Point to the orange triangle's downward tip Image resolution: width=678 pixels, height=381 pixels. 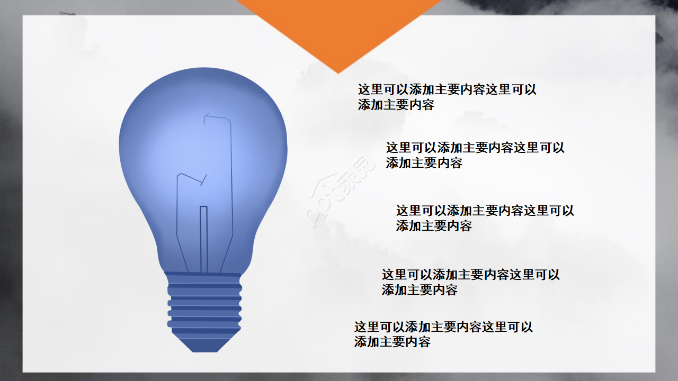point(338,71)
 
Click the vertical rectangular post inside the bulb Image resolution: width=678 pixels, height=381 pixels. point(203,238)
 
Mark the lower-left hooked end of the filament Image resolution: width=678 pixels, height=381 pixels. point(180,175)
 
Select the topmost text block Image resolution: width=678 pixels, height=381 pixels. point(447,97)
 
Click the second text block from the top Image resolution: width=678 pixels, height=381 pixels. point(475,155)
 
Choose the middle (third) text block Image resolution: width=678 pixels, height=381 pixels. point(485,218)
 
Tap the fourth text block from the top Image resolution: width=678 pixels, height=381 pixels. point(470,282)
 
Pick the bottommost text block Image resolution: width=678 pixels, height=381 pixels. point(443,334)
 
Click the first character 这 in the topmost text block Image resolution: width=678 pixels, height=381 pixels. point(364,89)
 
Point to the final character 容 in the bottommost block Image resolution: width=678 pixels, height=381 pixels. point(424,342)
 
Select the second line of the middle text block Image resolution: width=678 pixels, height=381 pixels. point(434,226)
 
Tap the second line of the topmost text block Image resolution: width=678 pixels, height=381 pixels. point(396,105)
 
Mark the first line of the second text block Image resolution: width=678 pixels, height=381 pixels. point(475,148)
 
